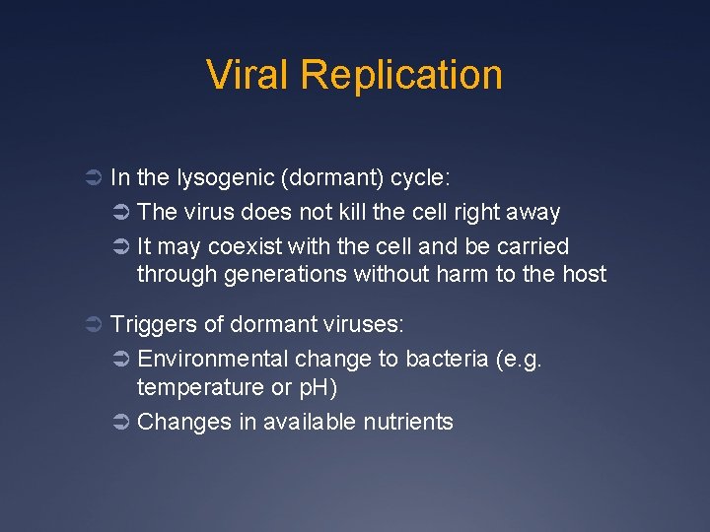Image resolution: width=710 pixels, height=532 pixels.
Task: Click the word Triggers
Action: pos(149,323)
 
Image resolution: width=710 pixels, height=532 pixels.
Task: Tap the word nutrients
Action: pos(409,422)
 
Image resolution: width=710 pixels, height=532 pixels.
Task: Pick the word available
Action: pos(314,422)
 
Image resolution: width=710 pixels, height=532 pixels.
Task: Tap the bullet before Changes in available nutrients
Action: pos(120,423)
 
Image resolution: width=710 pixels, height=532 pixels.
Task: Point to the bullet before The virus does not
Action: pos(120,213)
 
